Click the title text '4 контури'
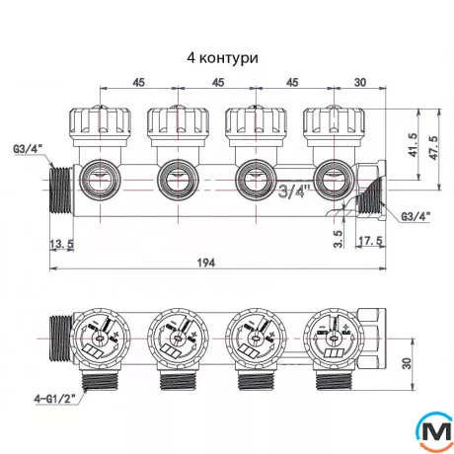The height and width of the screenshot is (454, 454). [222, 58]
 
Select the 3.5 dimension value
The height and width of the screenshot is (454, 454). [339, 237]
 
